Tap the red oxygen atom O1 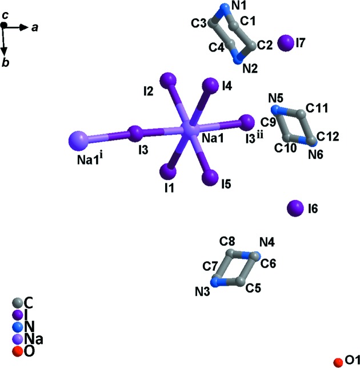[338, 361]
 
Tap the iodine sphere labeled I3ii [246, 122]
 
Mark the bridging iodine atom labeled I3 [135, 133]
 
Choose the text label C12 [328, 135]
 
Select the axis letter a [34, 26]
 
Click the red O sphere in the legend [17, 351]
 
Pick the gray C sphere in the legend [17, 302]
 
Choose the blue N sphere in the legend [17, 327]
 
